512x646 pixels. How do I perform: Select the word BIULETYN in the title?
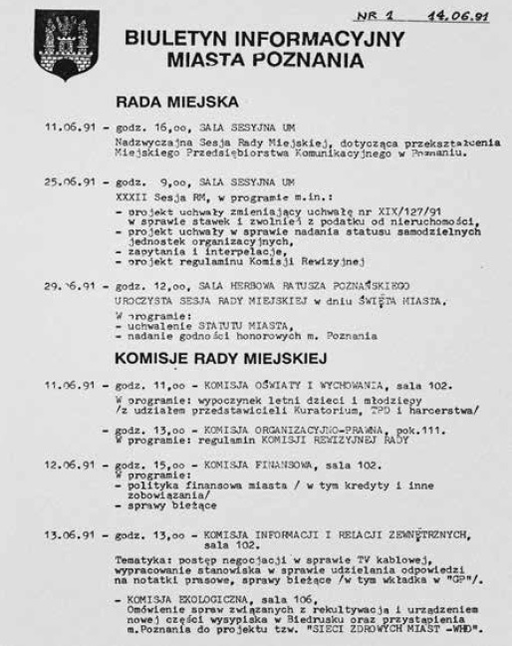click(175, 40)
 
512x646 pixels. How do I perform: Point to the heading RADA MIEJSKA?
click(176, 102)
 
